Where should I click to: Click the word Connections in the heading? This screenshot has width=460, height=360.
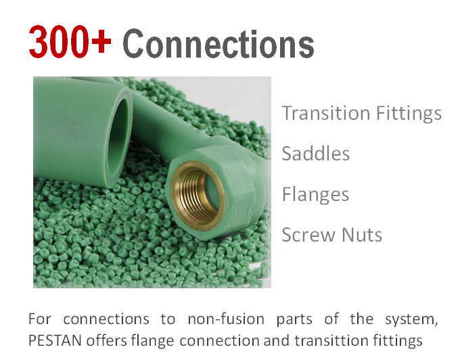click(x=218, y=43)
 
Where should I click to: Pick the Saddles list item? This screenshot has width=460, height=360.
click(x=315, y=154)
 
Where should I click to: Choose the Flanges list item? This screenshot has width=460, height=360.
click(x=315, y=194)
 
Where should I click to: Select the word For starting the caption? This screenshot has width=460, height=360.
click(x=39, y=319)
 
